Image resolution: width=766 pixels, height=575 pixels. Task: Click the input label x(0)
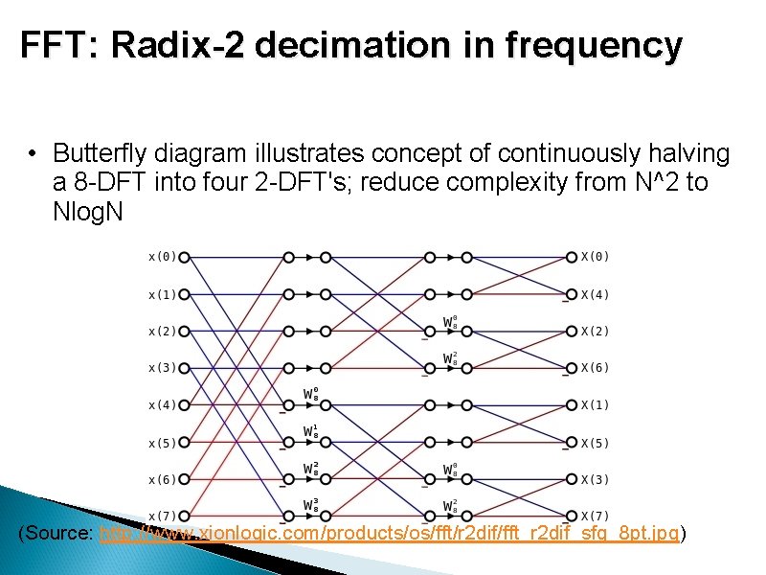[x=162, y=257]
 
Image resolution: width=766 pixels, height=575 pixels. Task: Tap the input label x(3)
[x=162, y=368]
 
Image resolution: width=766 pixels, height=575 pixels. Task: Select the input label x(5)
[x=162, y=443]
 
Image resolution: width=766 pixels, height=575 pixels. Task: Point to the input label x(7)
[x=162, y=517]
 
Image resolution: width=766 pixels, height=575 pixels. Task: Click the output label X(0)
[x=596, y=257]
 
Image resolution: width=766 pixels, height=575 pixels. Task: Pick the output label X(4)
[x=596, y=294]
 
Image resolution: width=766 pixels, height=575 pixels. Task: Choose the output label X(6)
[x=596, y=368]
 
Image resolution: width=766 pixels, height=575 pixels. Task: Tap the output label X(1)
[x=596, y=405]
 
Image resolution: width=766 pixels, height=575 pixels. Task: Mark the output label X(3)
[x=596, y=479]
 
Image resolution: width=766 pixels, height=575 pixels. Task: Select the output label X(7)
[x=596, y=517]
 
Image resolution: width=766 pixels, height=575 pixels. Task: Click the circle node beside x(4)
[x=185, y=405]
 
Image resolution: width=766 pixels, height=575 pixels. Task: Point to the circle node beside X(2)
[x=572, y=332]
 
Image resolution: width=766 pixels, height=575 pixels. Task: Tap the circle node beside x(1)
[x=185, y=294]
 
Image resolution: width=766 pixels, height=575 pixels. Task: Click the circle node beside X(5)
[x=572, y=443]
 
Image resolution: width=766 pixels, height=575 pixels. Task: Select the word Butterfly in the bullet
[x=100, y=153]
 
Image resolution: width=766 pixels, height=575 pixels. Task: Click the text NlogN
[x=88, y=211]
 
